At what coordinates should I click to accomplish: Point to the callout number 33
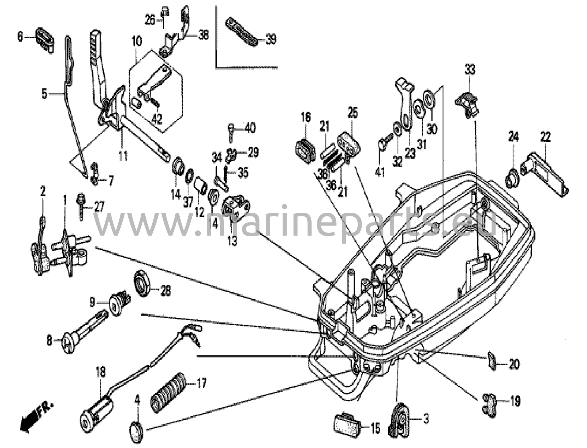pyautogui.click(x=469, y=70)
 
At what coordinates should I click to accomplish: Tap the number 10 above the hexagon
pyautogui.click(x=137, y=42)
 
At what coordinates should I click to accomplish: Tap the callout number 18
pyautogui.click(x=100, y=373)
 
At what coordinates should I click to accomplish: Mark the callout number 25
pyautogui.click(x=353, y=113)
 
